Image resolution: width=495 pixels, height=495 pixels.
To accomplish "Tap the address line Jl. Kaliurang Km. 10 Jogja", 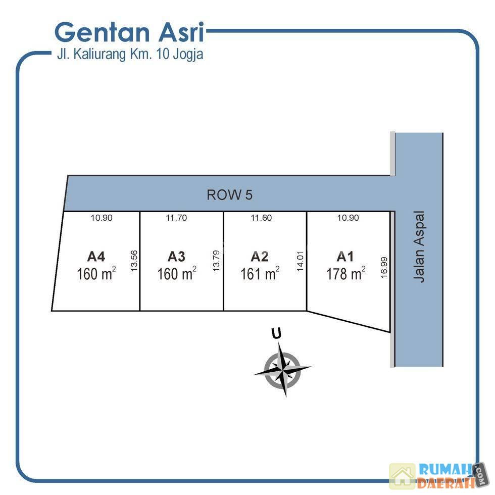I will tap(130, 54).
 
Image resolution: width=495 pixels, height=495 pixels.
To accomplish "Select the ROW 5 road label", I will tap(229, 194).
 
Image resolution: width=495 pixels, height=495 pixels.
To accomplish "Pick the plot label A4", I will tap(95, 256).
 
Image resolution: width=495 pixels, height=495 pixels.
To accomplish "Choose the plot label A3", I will tap(176, 256).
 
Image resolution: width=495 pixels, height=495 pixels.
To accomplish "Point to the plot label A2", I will tap(260, 256).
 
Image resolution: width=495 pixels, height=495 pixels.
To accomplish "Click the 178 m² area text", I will tap(346, 274).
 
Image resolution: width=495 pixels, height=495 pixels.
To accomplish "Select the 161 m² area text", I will tap(260, 274).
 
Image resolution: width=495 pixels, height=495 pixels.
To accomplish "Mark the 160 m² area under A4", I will tap(96, 274).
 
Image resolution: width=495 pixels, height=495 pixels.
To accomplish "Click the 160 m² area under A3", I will tap(177, 274).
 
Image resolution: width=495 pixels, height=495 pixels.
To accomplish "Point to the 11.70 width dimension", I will tap(176, 218).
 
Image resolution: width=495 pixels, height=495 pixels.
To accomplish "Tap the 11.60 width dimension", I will tap(261, 218).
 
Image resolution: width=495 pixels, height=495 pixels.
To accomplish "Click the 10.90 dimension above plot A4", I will tap(102, 218).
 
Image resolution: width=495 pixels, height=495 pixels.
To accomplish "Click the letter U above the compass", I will tap(276, 333).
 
